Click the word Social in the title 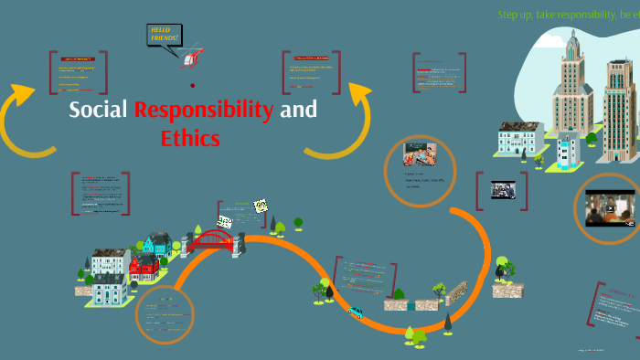point(100,111)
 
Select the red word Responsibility point(203,111)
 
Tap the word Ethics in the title point(190,139)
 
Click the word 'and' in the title point(298,111)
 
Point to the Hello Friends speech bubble point(166,36)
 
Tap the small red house point(144,267)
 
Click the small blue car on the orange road point(355,312)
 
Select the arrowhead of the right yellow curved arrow point(359,92)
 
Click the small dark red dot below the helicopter point(192,85)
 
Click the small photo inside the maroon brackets point(502,189)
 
